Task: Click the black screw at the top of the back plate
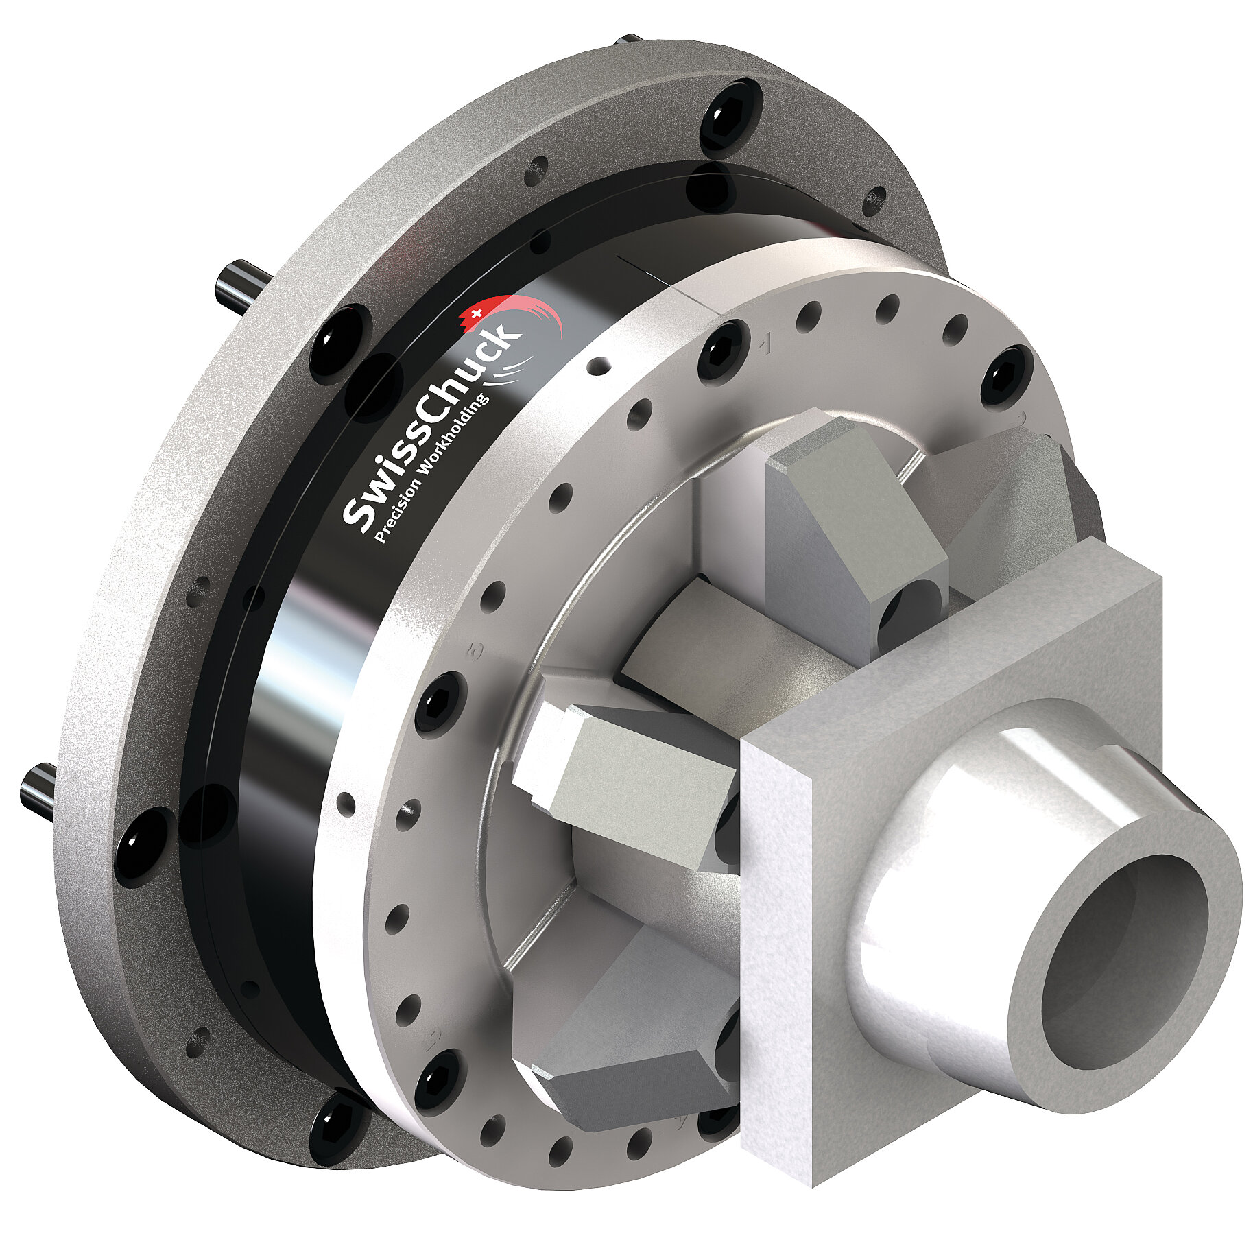[731, 114]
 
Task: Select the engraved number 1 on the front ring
[766, 344]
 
